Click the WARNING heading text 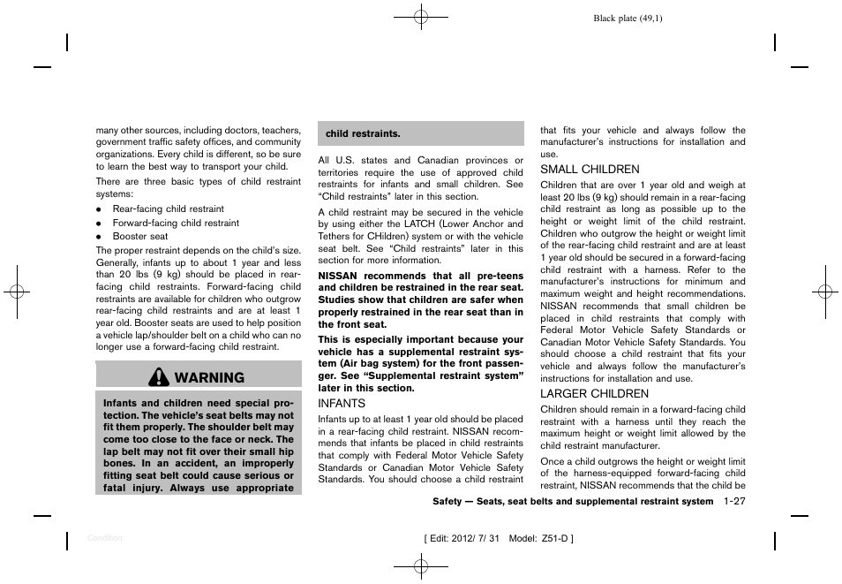pos(209,377)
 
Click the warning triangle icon pos(160,377)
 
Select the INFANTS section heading pos(342,403)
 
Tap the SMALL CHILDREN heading pos(590,169)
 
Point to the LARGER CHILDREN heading pos(594,393)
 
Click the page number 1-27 pos(734,501)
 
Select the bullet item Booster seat pos(139,237)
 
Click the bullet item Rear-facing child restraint pos(168,209)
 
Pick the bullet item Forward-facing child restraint pos(176,224)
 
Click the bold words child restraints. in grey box pos(363,134)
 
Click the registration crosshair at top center pos(421,17)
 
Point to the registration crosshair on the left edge pos(17,291)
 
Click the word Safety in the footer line pos(449,502)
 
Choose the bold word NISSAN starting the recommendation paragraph pos(337,277)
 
